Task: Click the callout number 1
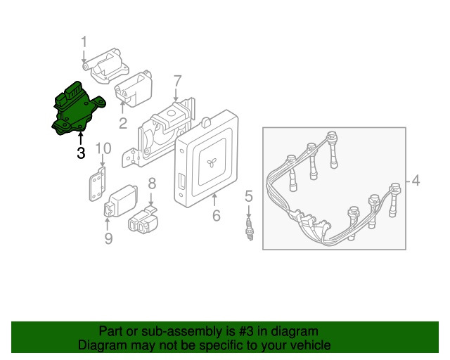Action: (x=84, y=42)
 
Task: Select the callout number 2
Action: (x=123, y=123)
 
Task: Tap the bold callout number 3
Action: (x=81, y=153)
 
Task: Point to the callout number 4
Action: (x=416, y=181)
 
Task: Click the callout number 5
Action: (x=249, y=196)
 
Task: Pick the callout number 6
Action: (x=217, y=215)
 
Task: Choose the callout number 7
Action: (x=178, y=82)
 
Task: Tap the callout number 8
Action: (x=152, y=184)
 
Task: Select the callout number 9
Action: (x=108, y=238)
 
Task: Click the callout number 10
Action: (x=103, y=148)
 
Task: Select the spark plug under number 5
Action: (x=250, y=229)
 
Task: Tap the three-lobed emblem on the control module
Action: (x=212, y=164)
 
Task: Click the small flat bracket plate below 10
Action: (x=97, y=184)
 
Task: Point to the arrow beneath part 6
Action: (x=214, y=200)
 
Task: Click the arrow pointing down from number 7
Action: (x=176, y=95)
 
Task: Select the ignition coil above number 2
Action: (x=134, y=89)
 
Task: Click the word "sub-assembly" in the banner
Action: (x=182, y=331)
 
